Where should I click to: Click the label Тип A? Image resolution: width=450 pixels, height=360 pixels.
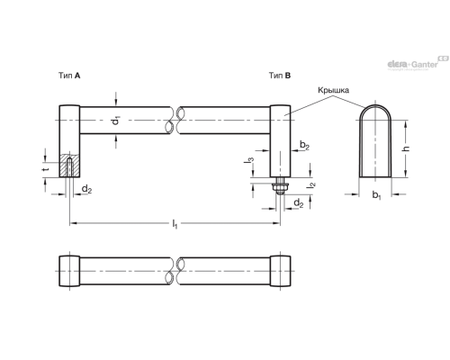(x=69, y=76)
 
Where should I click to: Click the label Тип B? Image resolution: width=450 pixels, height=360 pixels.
(x=280, y=76)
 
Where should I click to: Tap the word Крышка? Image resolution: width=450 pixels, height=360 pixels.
(x=333, y=90)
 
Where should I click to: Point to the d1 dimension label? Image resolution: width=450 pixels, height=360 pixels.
(x=116, y=121)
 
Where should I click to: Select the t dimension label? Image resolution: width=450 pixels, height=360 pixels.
(x=46, y=169)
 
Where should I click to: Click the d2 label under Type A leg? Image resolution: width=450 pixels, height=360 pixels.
(x=86, y=189)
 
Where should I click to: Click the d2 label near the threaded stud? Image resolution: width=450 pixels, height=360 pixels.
(x=298, y=203)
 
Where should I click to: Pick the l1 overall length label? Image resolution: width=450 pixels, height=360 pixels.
(x=175, y=224)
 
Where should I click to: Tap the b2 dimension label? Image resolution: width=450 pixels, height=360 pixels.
(x=304, y=145)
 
